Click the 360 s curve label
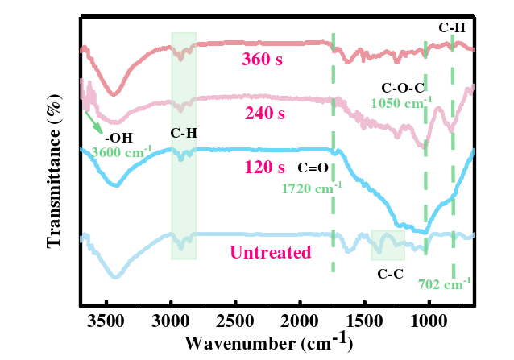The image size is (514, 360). [x=263, y=59]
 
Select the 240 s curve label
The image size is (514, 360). [x=264, y=114]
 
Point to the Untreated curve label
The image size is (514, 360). [x=271, y=253]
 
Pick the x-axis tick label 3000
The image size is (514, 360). [x=172, y=322]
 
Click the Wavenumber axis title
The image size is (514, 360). [x=268, y=343]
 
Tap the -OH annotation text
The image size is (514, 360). [x=118, y=137]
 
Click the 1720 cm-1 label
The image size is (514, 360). [x=312, y=188]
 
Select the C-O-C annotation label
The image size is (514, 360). [x=403, y=87]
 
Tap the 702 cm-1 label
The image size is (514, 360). [x=445, y=283]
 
